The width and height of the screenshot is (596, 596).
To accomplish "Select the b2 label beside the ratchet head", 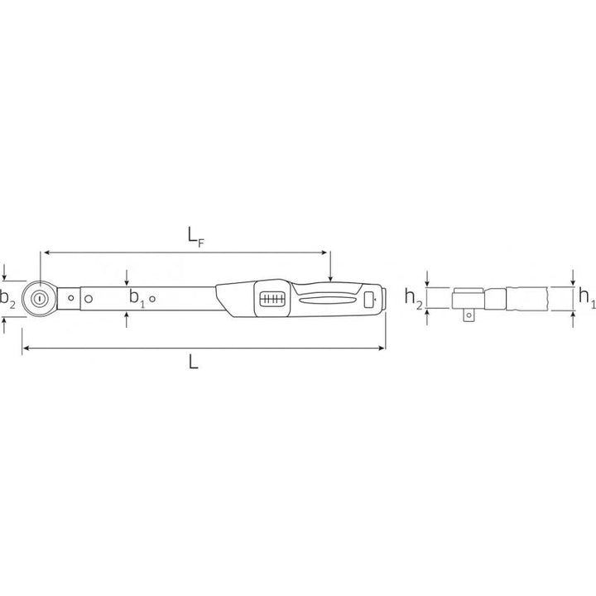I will point(7,299).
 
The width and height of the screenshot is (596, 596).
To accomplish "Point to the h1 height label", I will point(586,296).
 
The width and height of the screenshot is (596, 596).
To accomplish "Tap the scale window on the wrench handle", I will point(271,299).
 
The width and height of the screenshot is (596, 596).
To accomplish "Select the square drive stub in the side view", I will point(464,314).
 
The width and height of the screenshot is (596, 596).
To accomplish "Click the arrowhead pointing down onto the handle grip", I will point(330,278).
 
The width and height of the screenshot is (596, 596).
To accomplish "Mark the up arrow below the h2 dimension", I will point(427,316).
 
